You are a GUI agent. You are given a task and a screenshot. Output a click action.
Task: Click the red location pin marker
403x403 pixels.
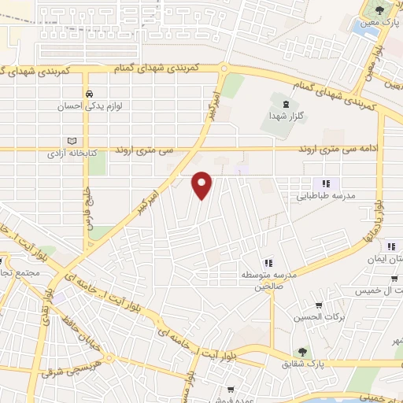203,185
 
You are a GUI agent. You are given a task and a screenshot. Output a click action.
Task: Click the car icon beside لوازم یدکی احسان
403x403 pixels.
92,91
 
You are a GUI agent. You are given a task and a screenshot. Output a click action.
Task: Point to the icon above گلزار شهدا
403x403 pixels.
285,103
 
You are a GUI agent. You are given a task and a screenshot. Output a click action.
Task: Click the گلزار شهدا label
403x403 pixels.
286,115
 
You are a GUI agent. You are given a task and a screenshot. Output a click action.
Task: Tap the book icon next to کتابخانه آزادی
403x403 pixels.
72,141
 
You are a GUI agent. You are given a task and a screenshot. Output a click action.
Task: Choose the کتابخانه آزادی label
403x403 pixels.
72,153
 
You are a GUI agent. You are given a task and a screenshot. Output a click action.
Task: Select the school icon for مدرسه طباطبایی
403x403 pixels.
325,183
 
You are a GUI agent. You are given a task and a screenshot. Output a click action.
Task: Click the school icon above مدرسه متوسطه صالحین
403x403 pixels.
268,263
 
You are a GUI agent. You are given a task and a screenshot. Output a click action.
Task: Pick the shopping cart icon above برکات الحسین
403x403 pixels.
318,306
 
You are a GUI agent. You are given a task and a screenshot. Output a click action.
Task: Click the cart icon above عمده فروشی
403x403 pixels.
230,389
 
